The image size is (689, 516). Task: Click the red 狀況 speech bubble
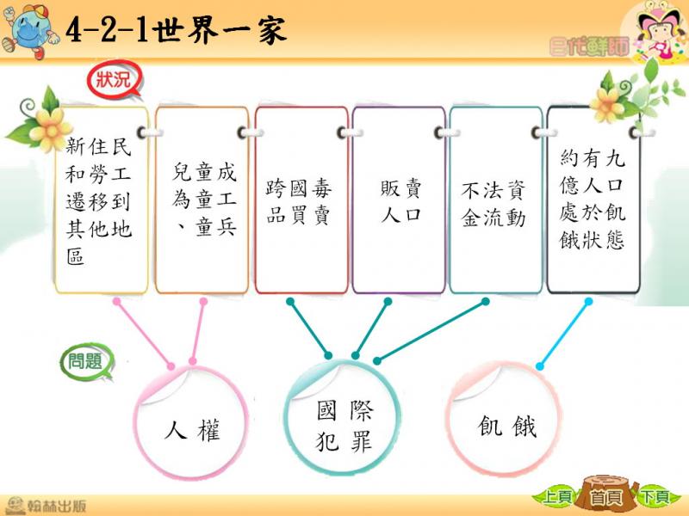[115, 79]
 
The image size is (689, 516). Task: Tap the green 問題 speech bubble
[87, 361]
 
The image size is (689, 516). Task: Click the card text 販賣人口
[400, 201]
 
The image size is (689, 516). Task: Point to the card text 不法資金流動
[493, 204]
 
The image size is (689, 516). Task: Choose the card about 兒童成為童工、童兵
[202, 200]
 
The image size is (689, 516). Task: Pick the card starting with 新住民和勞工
[102, 200]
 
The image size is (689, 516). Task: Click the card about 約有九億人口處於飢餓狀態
[593, 200]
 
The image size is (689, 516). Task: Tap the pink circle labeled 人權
[191, 422]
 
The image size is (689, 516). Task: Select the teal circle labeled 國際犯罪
[343, 418]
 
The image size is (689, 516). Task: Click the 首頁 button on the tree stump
[606, 497]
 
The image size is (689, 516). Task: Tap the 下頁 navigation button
[655, 497]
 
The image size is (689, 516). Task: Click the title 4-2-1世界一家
[176, 30]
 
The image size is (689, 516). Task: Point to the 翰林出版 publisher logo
[46, 505]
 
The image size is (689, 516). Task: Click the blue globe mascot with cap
[29, 31]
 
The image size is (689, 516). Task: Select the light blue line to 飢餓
[564, 334]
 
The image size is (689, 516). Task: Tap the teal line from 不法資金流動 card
[431, 331]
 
